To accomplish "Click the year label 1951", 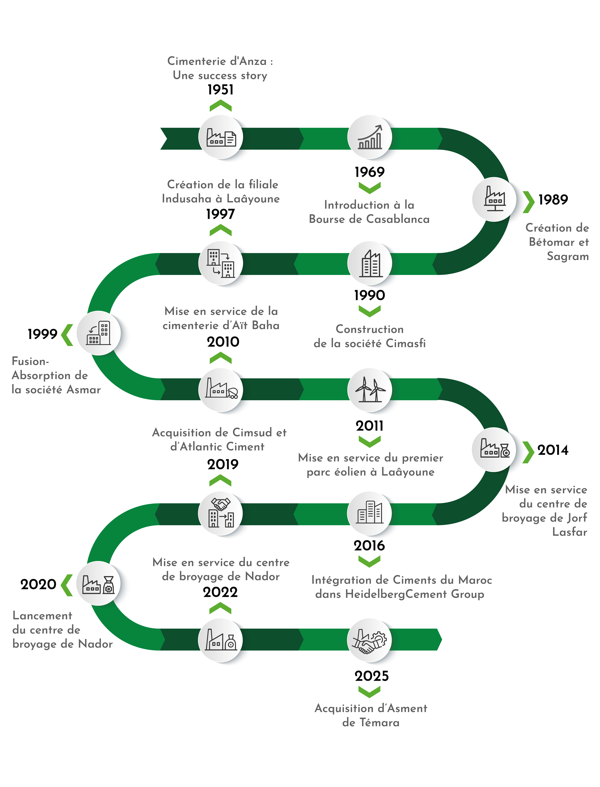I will coord(220,90).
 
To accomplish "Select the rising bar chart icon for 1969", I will coord(370,137).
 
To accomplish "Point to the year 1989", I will coord(553,200).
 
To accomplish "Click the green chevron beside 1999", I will coord(67,335).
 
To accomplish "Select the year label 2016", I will coord(369,546).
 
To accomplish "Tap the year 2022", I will coord(220,592).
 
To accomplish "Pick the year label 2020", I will coord(38,584).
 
